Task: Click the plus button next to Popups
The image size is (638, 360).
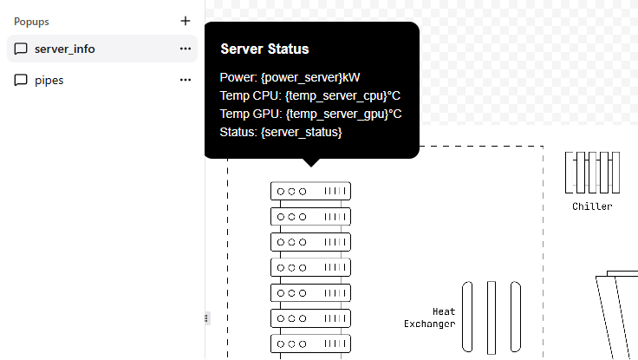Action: (x=185, y=21)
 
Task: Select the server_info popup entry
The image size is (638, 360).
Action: (x=65, y=49)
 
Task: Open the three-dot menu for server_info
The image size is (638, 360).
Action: (x=185, y=49)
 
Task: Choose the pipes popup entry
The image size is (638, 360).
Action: (x=49, y=80)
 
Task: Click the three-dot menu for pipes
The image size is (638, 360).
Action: (x=185, y=80)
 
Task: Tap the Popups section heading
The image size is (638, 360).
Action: (x=31, y=22)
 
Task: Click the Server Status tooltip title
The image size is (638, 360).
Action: (x=264, y=49)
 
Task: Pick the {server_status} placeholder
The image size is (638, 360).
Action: (x=301, y=132)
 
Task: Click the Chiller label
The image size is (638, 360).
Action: (x=592, y=206)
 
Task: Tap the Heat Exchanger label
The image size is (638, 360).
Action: (x=431, y=317)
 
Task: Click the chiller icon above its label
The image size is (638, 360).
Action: (x=593, y=173)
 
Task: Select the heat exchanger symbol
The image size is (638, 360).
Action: (x=492, y=317)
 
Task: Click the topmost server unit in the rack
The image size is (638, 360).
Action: (x=310, y=191)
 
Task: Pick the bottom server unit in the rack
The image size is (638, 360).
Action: (x=310, y=344)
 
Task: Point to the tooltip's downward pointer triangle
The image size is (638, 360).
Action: (x=311, y=161)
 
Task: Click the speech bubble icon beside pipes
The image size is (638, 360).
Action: (x=21, y=80)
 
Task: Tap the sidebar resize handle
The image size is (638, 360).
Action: (x=205, y=318)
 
